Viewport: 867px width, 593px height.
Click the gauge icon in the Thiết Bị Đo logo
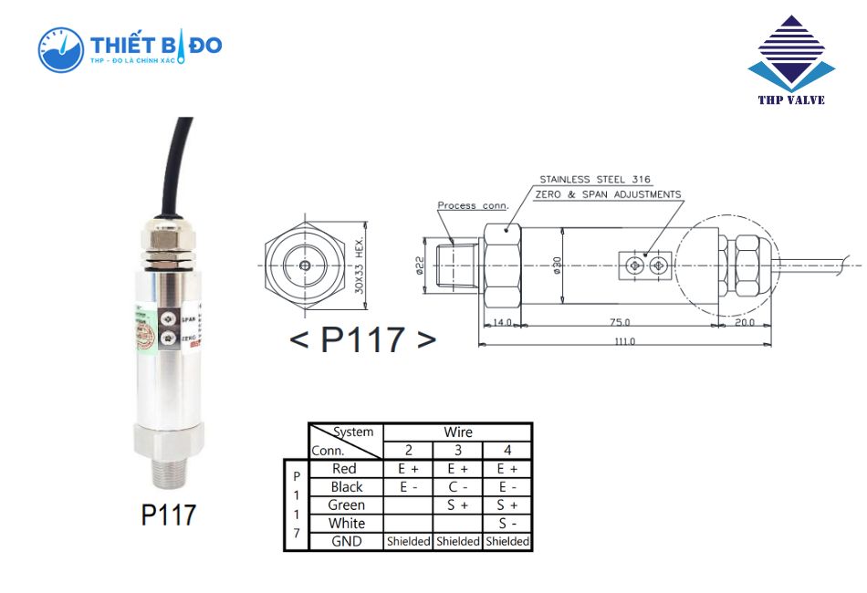(60, 49)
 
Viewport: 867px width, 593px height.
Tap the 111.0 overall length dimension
(624, 341)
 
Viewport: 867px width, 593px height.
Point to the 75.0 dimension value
(621, 322)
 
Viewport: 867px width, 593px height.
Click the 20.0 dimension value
(744, 322)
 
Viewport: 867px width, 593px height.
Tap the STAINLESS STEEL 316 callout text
(595, 180)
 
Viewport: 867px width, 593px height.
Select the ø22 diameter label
(420, 265)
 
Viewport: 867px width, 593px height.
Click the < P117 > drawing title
(362, 339)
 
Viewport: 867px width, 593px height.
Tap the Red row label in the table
(345, 468)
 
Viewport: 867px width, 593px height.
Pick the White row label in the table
(347, 523)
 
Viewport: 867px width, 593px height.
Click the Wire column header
(457, 432)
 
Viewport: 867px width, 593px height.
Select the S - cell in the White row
(507, 523)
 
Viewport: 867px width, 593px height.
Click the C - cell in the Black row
(457, 486)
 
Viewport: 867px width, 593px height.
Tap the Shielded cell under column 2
(408, 541)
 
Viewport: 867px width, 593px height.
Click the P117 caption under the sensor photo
(169, 515)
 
